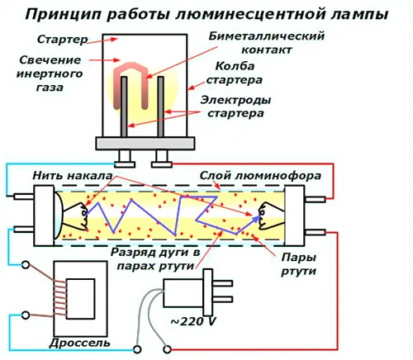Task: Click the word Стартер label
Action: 62,40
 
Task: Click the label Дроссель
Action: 79,343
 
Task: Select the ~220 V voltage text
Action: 193,321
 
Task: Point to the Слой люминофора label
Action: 260,176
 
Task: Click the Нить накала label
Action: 73,175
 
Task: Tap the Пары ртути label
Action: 298,264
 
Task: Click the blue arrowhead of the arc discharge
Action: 257,219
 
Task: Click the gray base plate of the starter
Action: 145,144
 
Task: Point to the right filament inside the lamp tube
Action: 271,216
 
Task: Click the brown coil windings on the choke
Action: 59,298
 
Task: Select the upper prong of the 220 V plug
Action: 222,283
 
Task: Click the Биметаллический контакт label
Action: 267,43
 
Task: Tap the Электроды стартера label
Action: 235,107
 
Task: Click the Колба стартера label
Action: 235,73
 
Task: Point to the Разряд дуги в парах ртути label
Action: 155,259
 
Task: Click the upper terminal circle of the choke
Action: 26,265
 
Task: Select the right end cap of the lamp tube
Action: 294,216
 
